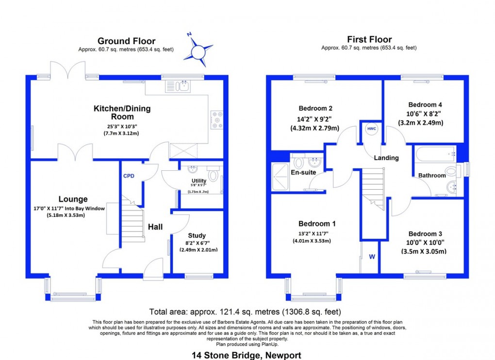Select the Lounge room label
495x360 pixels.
[x=73, y=199]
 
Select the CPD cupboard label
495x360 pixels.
[x=128, y=176]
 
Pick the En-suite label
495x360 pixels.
[x=303, y=172]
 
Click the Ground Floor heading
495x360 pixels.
[x=126, y=41]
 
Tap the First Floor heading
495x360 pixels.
[x=369, y=40]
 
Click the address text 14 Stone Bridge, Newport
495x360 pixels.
[x=247, y=355]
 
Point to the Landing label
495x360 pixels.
[x=386, y=158]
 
